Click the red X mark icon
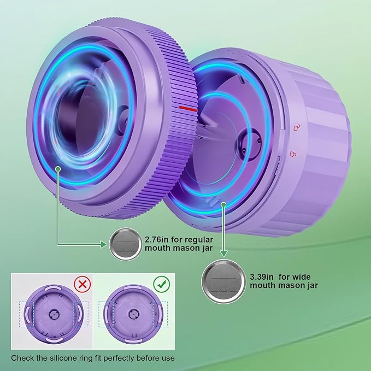[82, 284]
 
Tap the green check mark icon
[162, 284]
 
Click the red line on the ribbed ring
[189, 109]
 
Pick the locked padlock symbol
[293, 154]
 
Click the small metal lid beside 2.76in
[126, 244]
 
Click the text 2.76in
[157, 240]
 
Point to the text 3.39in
[262, 276]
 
